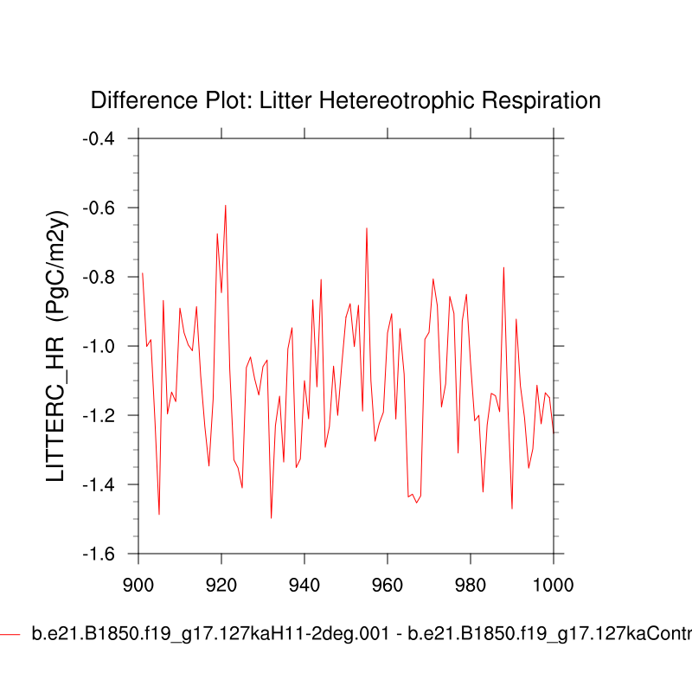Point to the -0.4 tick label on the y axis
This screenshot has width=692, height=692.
coord(103,138)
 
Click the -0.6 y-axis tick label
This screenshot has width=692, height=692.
coord(103,208)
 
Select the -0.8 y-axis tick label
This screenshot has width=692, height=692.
coord(103,277)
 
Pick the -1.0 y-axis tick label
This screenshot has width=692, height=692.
coord(103,346)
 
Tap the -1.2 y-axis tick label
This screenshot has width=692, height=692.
coord(103,415)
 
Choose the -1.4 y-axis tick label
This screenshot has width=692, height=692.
coord(103,484)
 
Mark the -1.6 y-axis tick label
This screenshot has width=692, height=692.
coord(103,554)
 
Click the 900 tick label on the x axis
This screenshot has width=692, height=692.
coord(138,583)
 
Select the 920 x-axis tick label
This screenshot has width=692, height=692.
coord(221,583)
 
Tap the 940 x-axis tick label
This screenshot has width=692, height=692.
coord(304,583)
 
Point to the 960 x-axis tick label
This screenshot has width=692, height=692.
coord(388,583)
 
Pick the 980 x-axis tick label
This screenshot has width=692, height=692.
coord(471,583)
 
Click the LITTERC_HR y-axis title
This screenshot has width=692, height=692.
coord(57,346)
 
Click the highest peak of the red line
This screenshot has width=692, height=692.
coord(226,206)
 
